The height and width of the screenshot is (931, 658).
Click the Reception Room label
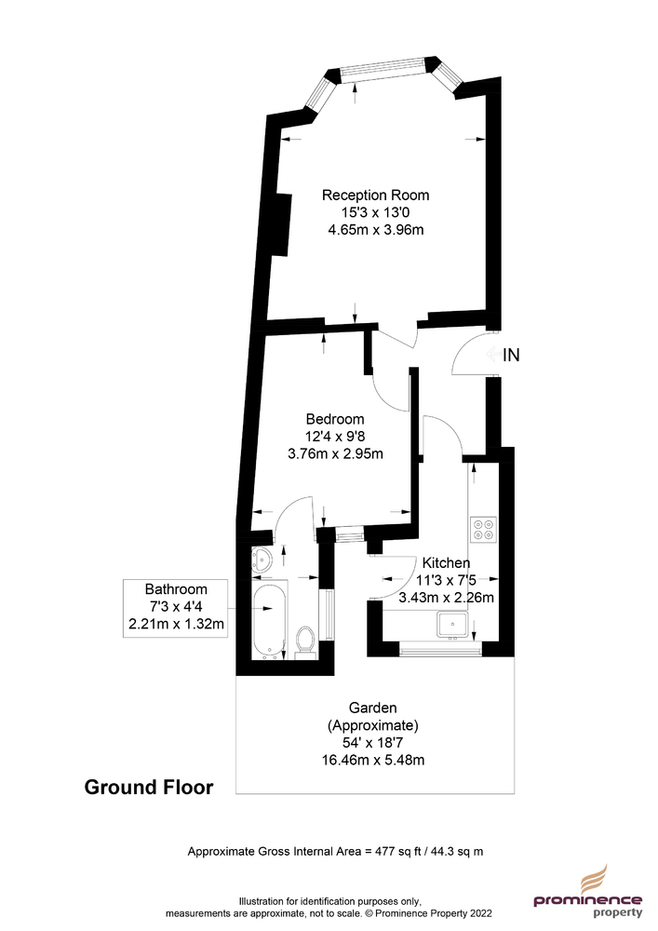point(375,195)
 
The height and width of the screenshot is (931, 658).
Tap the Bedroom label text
point(335,419)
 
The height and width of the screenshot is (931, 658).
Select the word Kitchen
point(446,562)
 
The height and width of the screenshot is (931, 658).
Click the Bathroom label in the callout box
point(176,589)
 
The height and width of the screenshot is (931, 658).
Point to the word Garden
point(372,708)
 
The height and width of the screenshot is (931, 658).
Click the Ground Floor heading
point(149,787)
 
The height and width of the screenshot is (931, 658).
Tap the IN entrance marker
point(511,355)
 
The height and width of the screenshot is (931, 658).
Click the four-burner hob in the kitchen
point(483,530)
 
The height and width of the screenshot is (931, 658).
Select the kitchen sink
point(453,624)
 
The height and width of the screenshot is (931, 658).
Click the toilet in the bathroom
point(306,642)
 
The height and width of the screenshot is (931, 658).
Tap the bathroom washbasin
point(262,560)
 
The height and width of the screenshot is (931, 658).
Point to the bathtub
point(269,619)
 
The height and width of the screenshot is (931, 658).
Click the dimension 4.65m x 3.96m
point(376,230)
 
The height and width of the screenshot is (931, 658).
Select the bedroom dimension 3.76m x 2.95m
point(335,454)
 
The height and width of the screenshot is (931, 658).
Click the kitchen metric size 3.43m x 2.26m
point(446,598)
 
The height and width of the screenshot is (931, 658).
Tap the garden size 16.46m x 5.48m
point(373,760)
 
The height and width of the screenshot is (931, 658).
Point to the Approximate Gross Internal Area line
point(335,852)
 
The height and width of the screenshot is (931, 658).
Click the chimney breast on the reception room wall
point(282,223)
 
